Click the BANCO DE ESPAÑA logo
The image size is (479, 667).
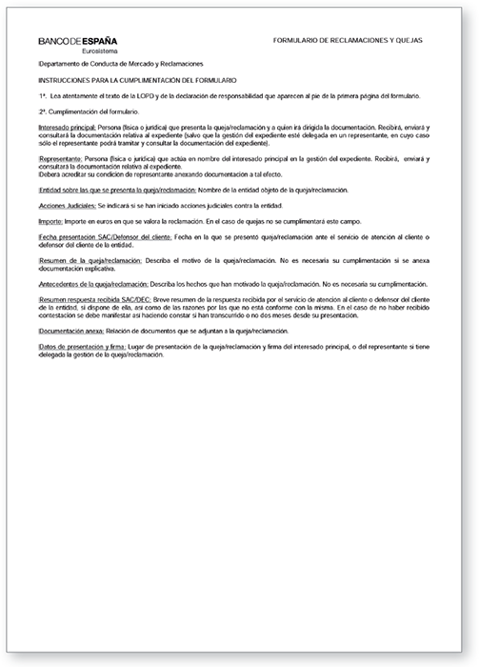tap(78, 42)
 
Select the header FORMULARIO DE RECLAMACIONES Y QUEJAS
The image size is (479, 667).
tap(347, 41)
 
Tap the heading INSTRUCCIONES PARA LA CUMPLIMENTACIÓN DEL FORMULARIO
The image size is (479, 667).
tap(138, 82)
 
